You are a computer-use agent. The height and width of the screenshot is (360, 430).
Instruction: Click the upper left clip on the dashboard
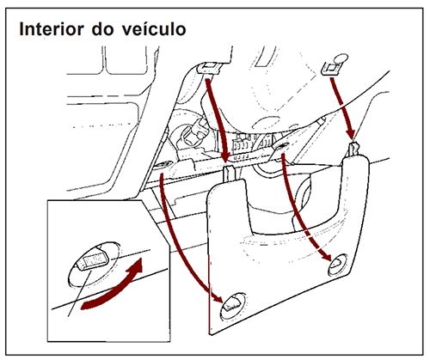pyautogui.click(x=206, y=69)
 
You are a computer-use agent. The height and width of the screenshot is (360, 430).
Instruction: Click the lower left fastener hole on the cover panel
pyautogui.click(x=230, y=302)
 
